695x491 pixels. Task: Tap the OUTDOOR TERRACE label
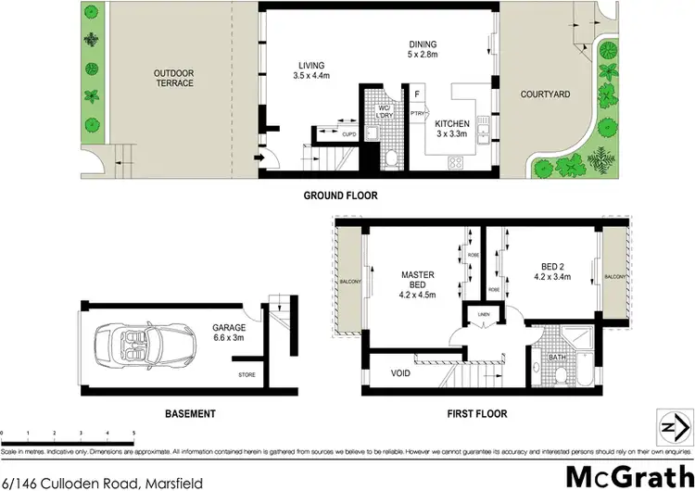(174, 77)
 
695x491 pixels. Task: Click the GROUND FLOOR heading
(342, 195)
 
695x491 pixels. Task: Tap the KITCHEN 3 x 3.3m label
(453, 129)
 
